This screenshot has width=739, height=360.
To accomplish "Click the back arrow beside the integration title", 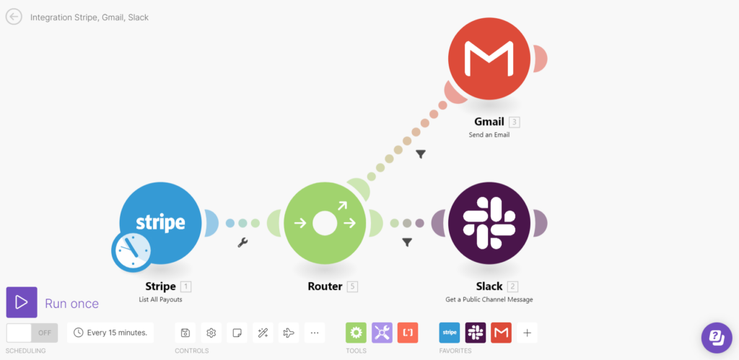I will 14,17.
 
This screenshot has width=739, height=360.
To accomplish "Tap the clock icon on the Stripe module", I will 131,250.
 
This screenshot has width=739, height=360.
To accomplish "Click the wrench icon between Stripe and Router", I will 243,243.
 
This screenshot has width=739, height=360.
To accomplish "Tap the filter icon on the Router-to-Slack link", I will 407,243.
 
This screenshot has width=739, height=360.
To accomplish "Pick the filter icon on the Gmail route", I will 420,154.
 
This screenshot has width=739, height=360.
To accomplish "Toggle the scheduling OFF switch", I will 32,333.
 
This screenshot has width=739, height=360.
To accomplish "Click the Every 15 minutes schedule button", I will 110,333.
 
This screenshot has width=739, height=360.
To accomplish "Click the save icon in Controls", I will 185,333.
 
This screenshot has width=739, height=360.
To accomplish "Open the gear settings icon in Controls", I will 211,333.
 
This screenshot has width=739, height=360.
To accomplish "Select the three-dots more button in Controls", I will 315,333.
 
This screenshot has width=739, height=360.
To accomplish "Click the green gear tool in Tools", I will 356,333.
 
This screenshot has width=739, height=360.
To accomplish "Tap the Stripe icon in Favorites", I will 450,333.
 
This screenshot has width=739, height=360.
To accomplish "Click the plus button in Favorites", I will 528,333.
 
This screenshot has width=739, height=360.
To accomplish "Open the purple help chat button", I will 717,337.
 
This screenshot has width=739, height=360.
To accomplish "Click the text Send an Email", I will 489,135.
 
